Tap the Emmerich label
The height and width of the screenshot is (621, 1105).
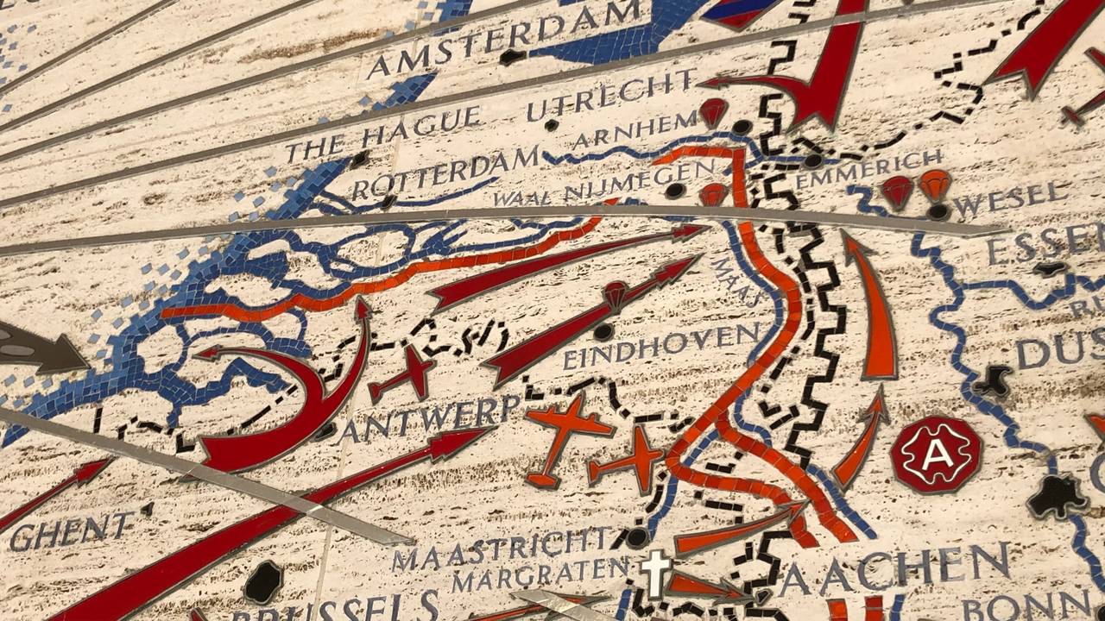tap(868, 168)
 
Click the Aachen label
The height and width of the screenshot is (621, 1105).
tap(894, 570)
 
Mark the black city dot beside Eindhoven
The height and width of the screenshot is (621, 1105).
tap(603, 331)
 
